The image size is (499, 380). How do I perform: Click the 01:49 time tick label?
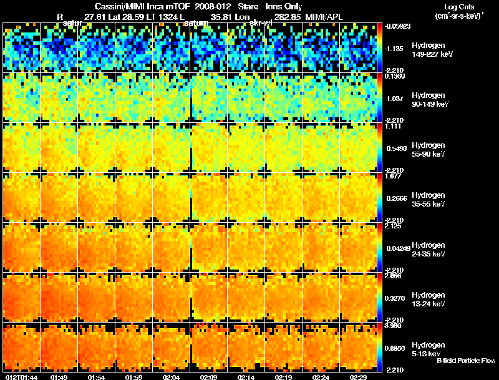pos(59,376)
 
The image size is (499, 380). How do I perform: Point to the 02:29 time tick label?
pos(359,376)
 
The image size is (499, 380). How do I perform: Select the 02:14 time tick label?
pos(246,376)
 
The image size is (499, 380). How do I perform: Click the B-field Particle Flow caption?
pos(465,361)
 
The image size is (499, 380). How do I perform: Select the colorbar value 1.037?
pos(395,98)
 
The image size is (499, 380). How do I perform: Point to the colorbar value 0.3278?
pos(394,298)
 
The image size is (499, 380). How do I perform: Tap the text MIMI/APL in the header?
pos(325,17)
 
